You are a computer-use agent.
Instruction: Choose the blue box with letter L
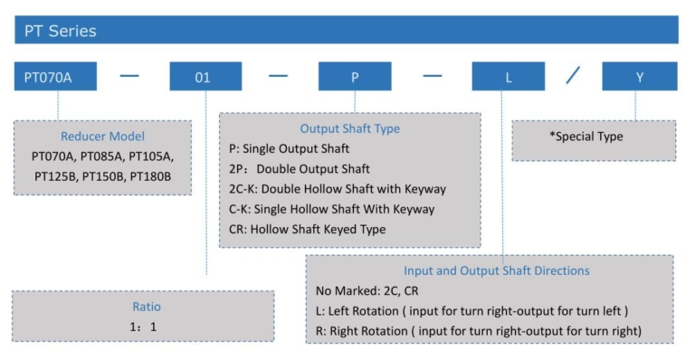click(508, 77)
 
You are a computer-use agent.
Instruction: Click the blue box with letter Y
click(639, 77)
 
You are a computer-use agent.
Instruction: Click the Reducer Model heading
click(102, 137)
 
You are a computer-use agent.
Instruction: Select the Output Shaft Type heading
click(349, 128)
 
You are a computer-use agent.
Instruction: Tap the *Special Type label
click(586, 137)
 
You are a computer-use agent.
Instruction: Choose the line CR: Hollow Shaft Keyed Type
click(308, 229)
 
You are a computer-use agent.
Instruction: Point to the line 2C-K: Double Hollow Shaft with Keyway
click(338, 189)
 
